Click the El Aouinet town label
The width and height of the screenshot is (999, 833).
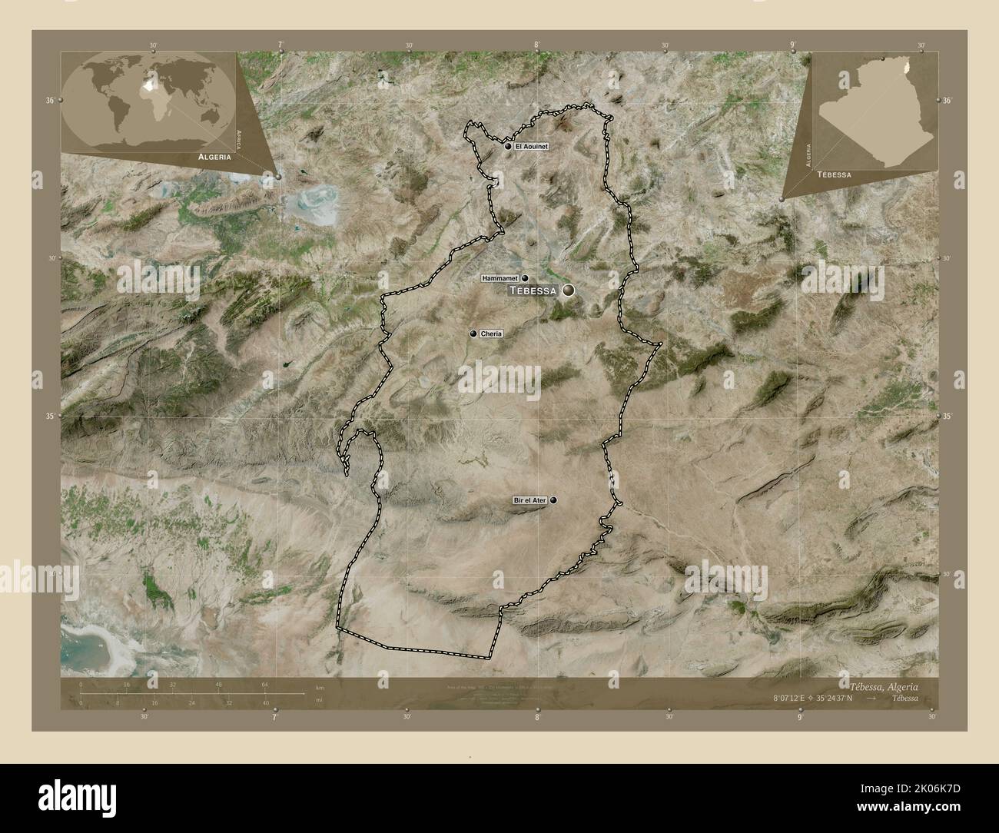click(x=530, y=146)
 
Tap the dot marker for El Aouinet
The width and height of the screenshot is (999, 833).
click(x=509, y=146)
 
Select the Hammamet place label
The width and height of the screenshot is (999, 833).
click(x=500, y=278)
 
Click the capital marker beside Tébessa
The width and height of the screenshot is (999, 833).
click(x=569, y=290)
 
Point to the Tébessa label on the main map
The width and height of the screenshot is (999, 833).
click(x=533, y=291)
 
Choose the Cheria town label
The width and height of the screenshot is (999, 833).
click(x=491, y=334)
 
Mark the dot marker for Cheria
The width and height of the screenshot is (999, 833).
click(x=473, y=334)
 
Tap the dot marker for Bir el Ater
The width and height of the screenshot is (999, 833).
click(x=553, y=500)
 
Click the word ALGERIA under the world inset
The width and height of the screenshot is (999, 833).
click(x=214, y=156)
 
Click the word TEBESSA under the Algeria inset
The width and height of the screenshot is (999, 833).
click(x=834, y=175)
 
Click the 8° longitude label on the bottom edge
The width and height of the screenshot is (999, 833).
click(x=537, y=717)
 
